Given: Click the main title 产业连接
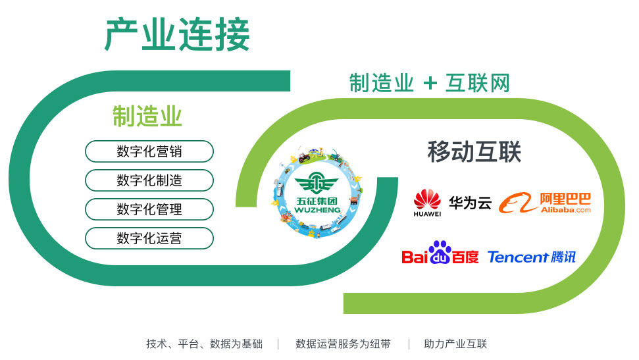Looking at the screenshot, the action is [177, 34].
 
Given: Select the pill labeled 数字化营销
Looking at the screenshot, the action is [149, 151].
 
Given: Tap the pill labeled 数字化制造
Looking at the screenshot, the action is [149, 180].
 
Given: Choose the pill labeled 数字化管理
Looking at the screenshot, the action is [149, 209].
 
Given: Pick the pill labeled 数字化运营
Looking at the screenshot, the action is [149, 238].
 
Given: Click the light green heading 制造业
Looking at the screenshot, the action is [147, 116].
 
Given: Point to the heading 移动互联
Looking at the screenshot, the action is [474, 151].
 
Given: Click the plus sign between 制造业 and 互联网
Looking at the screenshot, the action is [430, 84].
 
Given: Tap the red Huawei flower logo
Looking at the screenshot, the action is [427, 199].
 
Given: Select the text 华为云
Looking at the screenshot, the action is [471, 203].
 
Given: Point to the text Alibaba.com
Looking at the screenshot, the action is [566, 210].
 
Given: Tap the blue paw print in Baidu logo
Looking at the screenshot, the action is [440, 253].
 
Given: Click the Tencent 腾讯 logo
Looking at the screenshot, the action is [532, 257].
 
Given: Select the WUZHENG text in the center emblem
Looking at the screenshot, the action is [317, 210].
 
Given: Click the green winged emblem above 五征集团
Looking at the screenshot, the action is [317, 183].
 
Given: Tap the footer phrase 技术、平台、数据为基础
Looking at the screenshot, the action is [204, 344].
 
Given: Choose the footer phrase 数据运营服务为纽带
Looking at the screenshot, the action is [343, 344].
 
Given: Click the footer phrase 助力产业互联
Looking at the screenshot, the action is [455, 344].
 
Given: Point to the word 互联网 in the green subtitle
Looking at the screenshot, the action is [477, 83].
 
